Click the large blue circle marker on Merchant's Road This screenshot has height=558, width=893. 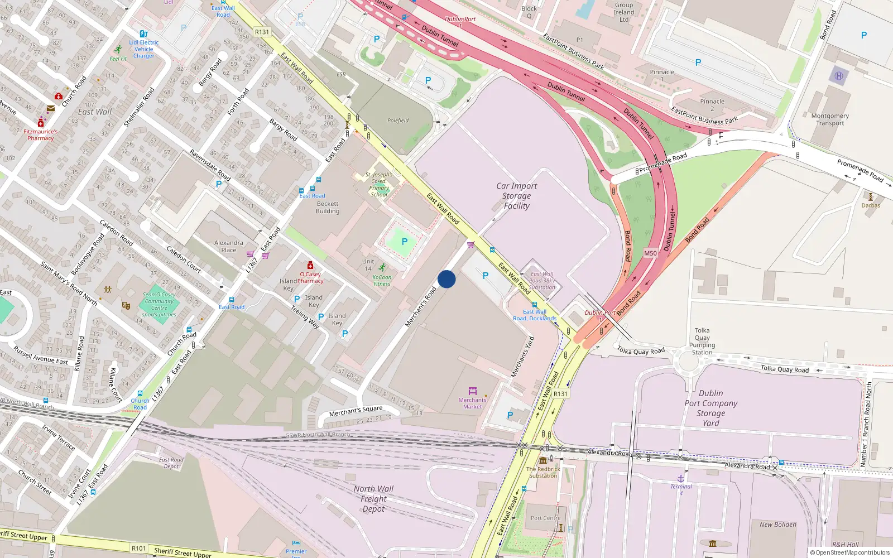(x=446, y=279)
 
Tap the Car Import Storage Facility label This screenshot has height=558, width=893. (x=517, y=196)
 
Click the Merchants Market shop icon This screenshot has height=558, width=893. (x=473, y=391)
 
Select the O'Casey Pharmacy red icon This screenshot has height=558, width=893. (x=310, y=265)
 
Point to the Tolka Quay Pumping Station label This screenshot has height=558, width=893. (x=702, y=341)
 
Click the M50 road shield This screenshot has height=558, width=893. (x=650, y=253)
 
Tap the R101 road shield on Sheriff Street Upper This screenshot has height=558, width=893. (x=138, y=548)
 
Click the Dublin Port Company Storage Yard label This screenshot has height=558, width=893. (x=711, y=408)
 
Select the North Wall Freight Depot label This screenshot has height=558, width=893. (x=373, y=498)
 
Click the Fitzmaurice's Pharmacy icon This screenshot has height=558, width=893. (x=41, y=123)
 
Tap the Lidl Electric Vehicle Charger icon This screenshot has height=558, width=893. (x=143, y=34)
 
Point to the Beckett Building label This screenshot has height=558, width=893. (x=328, y=208)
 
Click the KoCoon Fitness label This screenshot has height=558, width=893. (x=382, y=280)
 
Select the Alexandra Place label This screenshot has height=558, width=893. (x=229, y=246)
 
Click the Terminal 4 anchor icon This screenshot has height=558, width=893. (x=681, y=478)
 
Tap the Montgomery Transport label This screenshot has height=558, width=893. (x=830, y=119)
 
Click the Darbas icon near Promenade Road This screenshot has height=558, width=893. (x=870, y=196)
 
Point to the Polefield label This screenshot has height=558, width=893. (x=398, y=121)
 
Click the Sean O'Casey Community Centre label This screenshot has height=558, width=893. (x=159, y=304)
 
